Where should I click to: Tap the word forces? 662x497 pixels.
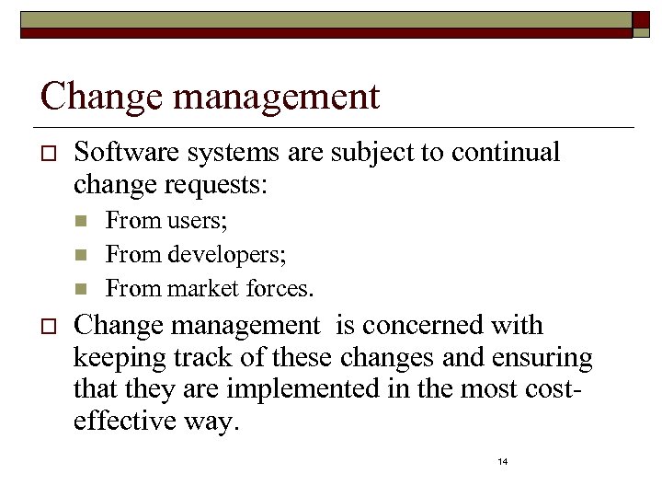click(x=280, y=289)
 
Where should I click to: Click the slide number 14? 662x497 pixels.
click(x=502, y=461)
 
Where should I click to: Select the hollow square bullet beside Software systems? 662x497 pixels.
click(x=49, y=152)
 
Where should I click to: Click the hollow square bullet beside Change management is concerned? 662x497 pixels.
click(x=49, y=326)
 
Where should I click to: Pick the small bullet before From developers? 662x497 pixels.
click(x=81, y=254)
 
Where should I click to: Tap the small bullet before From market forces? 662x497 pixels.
click(x=81, y=288)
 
